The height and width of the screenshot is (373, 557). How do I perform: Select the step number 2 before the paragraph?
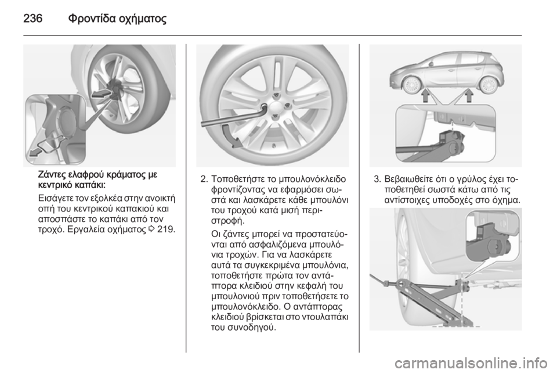(202, 178)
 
